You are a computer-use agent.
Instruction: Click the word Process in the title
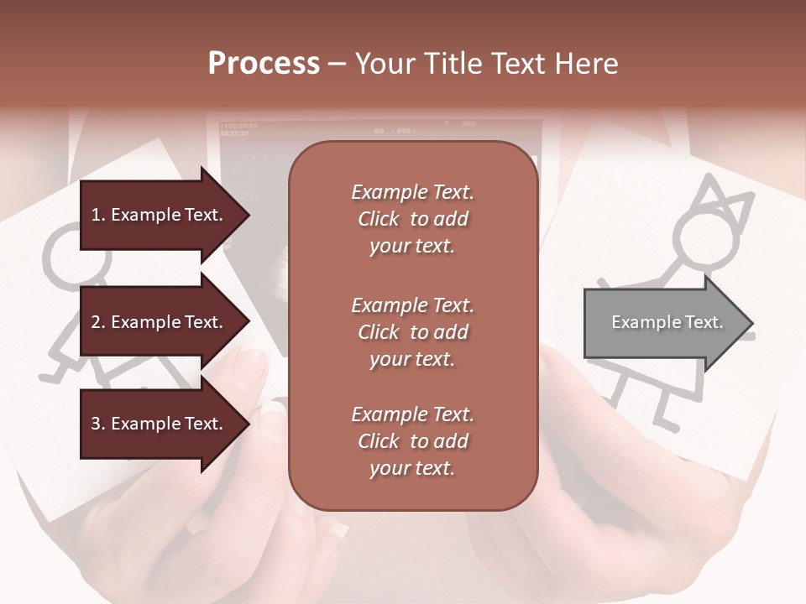(264, 64)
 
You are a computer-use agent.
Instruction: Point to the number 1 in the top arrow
(96, 215)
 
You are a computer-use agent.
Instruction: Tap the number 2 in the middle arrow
(96, 322)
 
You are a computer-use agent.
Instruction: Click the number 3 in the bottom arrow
(96, 424)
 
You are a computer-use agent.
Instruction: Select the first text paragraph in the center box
(412, 219)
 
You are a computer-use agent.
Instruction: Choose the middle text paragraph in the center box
(412, 332)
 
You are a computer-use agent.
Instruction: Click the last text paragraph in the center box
(412, 441)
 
